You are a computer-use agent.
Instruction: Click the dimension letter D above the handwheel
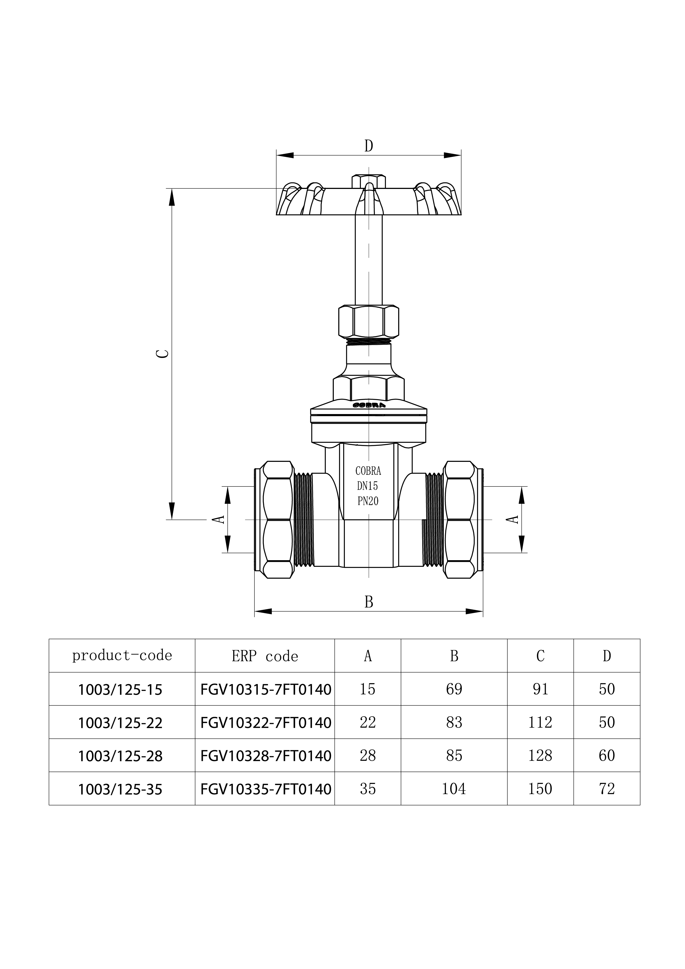(368, 146)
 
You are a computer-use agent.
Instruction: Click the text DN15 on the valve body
(368, 486)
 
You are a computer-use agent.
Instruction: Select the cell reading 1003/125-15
(120, 690)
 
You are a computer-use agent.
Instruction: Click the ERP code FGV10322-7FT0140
(266, 723)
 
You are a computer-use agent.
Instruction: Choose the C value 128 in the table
(540, 755)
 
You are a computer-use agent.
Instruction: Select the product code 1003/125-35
(120, 789)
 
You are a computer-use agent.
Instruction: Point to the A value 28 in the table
(368, 755)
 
